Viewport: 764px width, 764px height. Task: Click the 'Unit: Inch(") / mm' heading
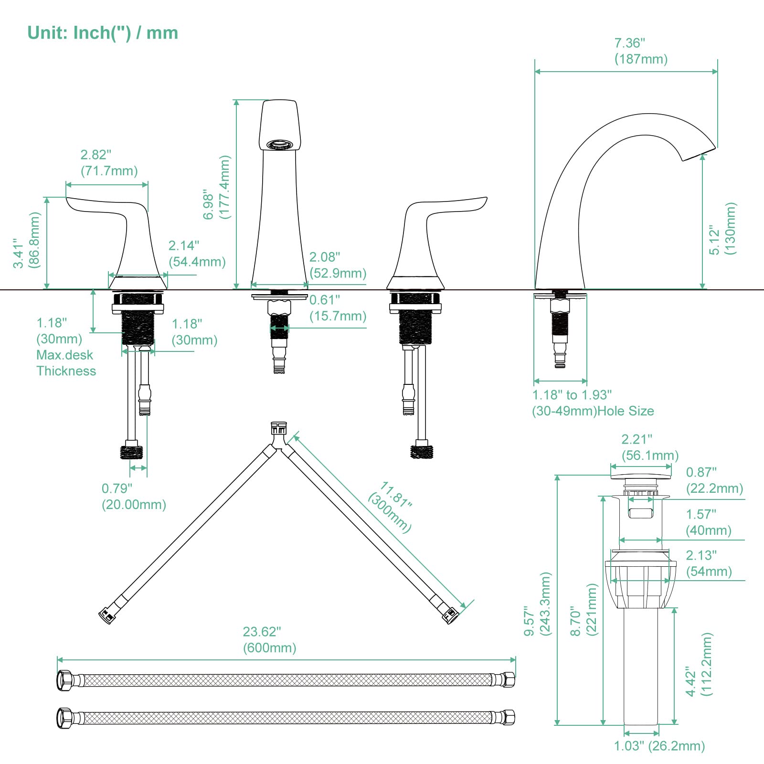(x=103, y=33)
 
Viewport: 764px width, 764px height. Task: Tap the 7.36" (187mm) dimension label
(x=640, y=51)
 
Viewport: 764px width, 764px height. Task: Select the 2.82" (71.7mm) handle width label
(x=109, y=163)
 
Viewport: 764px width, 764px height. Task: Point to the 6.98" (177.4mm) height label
(x=217, y=187)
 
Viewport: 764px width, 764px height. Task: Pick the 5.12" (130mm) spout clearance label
(x=722, y=228)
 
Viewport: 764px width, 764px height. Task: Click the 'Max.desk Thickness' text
(x=66, y=363)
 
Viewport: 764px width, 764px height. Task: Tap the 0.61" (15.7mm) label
(x=338, y=308)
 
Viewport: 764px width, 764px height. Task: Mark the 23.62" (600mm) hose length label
(x=269, y=640)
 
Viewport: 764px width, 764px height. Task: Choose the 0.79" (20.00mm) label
(x=134, y=497)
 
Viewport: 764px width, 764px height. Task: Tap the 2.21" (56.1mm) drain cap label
(x=649, y=447)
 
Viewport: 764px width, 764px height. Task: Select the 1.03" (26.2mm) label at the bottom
(x=659, y=746)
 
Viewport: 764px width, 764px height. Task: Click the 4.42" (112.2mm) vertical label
(x=699, y=665)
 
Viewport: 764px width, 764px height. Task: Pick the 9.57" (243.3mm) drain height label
(x=537, y=604)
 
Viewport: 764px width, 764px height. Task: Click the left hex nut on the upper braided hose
(x=64, y=680)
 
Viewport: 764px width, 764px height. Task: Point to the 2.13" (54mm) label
(x=709, y=563)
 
